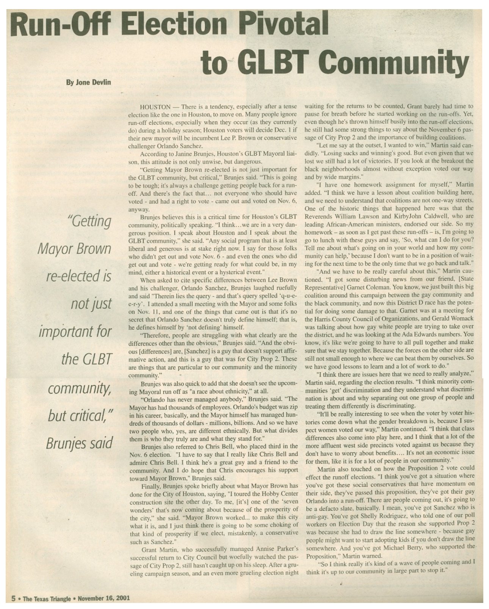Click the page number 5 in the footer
13,599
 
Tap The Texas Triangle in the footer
47,599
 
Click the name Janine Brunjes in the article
192,154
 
